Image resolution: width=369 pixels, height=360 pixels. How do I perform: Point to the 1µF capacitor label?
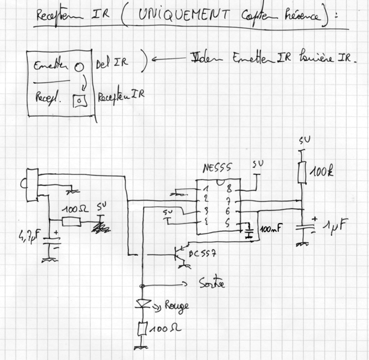click(x=335, y=227)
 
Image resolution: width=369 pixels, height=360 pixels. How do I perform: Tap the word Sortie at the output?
click(x=211, y=283)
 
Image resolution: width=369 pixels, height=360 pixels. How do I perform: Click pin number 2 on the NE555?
click(x=206, y=200)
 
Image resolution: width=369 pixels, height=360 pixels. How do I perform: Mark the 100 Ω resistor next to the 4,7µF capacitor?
click(x=71, y=221)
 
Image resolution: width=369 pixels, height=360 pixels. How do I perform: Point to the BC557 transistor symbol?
click(x=179, y=254)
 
